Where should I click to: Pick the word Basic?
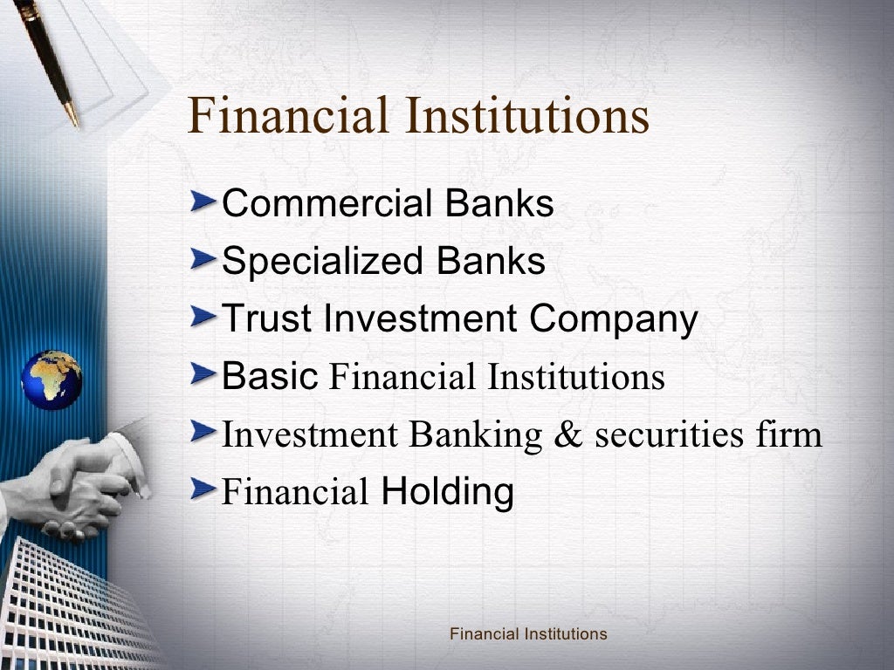click(x=269, y=376)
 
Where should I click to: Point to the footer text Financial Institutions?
click(x=527, y=634)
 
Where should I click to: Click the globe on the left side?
click(x=52, y=379)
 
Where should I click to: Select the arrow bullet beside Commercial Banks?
click(x=204, y=204)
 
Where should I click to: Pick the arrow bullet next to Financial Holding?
click(x=204, y=491)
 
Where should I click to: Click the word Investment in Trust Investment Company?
click(x=420, y=319)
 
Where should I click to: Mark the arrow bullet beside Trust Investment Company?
click(x=204, y=318)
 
